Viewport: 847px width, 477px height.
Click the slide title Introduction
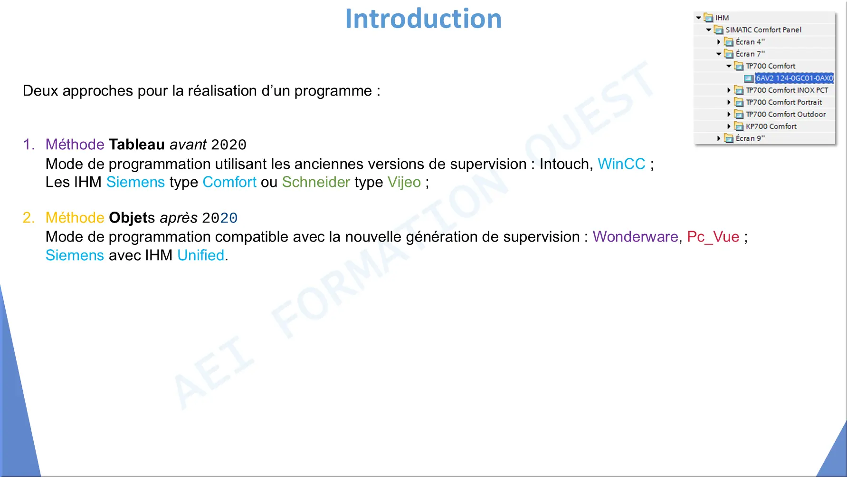(423, 19)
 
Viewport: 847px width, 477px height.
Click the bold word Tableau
(137, 144)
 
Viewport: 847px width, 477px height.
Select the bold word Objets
(132, 218)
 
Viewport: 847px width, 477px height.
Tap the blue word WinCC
(621, 164)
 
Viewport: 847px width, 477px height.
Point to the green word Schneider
(316, 182)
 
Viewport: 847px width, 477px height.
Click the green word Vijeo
(404, 182)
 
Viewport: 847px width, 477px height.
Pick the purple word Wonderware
(636, 236)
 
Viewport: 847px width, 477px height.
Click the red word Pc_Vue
(713, 237)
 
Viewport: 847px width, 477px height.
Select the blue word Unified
(201, 255)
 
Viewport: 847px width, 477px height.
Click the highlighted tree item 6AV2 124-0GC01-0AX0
(794, 78)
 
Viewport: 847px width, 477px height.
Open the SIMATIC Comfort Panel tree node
(763, 30)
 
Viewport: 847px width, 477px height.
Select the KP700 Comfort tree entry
(771, 126)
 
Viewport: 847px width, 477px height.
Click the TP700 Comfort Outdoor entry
(786, 114)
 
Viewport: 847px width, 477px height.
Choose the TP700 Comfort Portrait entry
(784, 102)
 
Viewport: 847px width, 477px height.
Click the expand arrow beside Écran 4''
(719, 42)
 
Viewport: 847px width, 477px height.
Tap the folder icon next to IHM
(709, 18)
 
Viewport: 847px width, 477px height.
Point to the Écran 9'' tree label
(750, 138)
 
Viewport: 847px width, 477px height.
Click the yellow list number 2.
(29, 218)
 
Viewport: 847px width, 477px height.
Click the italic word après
(179, 218)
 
